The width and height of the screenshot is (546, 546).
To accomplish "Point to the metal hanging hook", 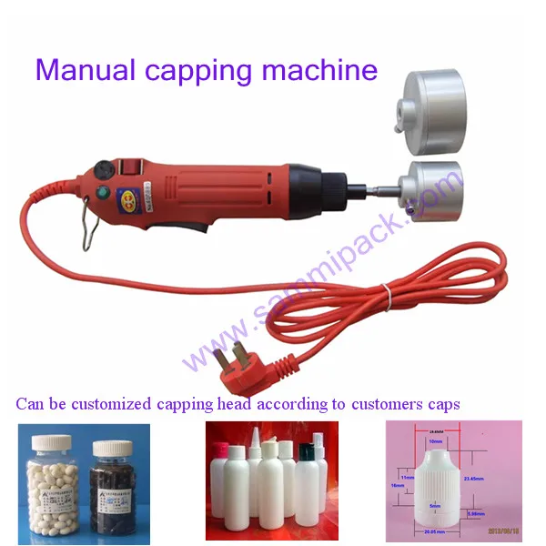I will (88, 233).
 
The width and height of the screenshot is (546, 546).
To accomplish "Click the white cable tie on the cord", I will (386, 293).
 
